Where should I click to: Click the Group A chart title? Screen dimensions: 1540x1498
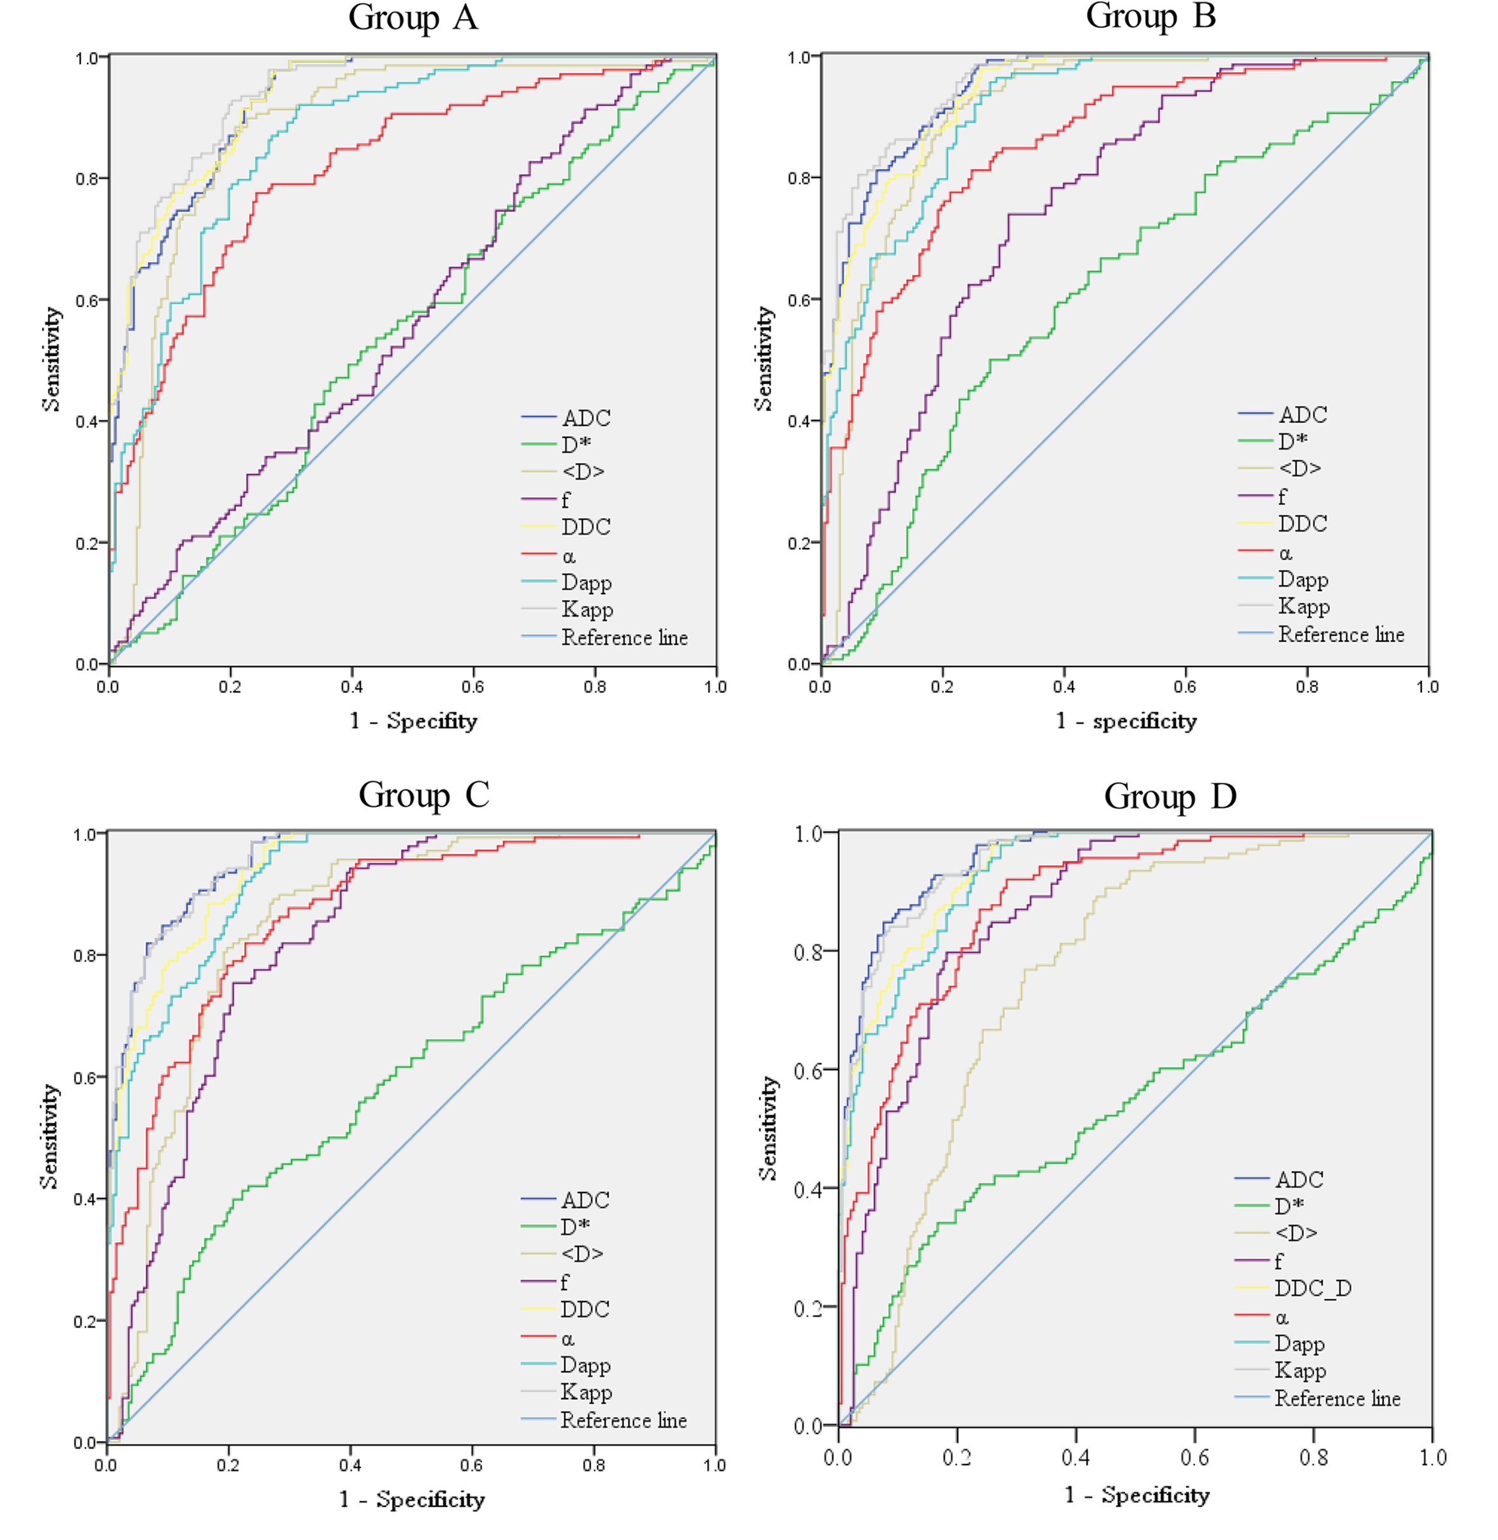[413, 17]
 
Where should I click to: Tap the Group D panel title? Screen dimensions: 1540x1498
[1170, 797]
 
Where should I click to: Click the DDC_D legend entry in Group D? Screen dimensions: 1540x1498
[1312, 1288]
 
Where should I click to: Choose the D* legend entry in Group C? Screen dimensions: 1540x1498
[575, 1226]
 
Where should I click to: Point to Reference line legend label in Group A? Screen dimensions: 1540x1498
[624, 637]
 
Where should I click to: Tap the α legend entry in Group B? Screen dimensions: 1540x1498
[1286, 553]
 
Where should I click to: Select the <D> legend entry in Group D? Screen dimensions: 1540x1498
[1296, 1232]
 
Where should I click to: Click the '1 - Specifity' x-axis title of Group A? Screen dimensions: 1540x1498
[413, 721]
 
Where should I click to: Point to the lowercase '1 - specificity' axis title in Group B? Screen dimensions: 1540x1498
[1126, 721]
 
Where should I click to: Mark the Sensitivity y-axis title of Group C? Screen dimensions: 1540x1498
[49, 1135]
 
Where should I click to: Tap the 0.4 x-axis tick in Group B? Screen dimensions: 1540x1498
[1064, 687]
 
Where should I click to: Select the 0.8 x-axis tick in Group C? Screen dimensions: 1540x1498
[594, 1465]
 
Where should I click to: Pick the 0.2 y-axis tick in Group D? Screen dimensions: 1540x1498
[809, 1308]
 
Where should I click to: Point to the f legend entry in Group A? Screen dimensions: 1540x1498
[565, 500]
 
